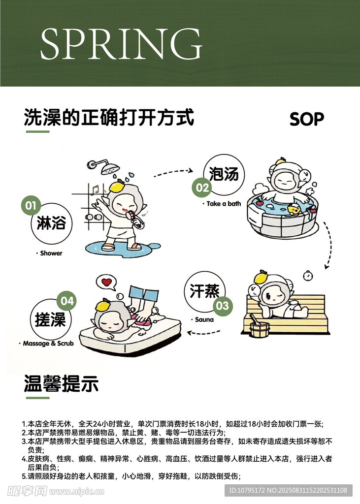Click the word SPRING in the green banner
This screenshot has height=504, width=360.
[x=121, y=43]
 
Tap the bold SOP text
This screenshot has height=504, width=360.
[x=307, y=119]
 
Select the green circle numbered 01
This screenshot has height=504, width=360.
[x=31, y=205]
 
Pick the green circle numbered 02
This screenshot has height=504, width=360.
[x=202, y=188]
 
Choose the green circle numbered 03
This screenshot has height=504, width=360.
[x=223, y=305]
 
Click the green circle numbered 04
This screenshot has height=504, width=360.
[x=66, y=301]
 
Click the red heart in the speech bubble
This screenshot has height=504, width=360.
[x=106, y=282]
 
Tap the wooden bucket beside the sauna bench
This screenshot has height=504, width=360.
[x=260, y=327]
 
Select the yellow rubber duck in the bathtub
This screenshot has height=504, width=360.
[x=294, y=209]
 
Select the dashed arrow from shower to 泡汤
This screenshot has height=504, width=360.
[x=173, y=172]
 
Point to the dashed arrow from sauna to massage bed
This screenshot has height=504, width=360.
[x=203, y=332]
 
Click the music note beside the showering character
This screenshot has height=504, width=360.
[x=95, y=190]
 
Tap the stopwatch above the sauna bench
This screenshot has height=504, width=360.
[x=308, y=276]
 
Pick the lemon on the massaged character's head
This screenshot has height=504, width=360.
[x=103, y=304]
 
